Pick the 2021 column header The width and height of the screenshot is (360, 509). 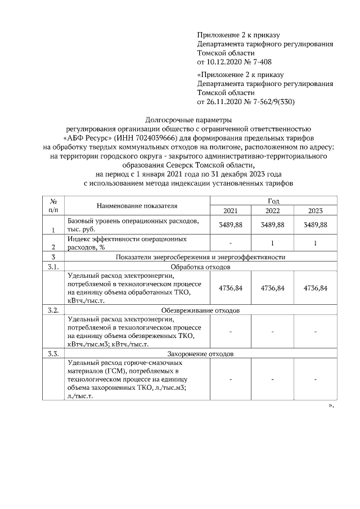(230, 210)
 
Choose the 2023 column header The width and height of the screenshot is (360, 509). (315, 210)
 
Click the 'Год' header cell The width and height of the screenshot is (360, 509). (273, 201)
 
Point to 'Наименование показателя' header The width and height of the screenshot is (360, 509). (136, 206)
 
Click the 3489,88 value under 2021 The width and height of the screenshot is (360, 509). (230, 224)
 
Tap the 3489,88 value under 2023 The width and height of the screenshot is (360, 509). (315, 224)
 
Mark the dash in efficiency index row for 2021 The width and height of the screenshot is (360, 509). (230, 243)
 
